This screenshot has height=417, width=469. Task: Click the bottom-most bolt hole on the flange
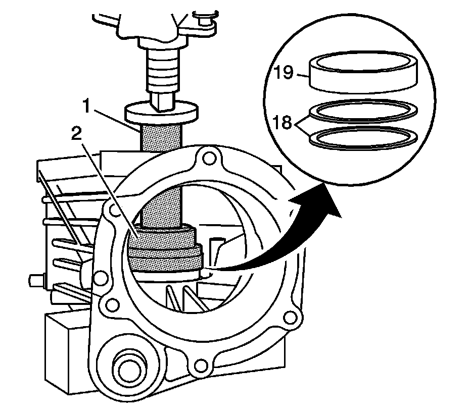pyautogui.click(x=201, y=363)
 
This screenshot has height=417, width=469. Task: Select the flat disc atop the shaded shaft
pyautogui.click(x=162, y=112)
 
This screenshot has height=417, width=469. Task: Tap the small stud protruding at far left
pyautogui.click(x=35, y=279)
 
